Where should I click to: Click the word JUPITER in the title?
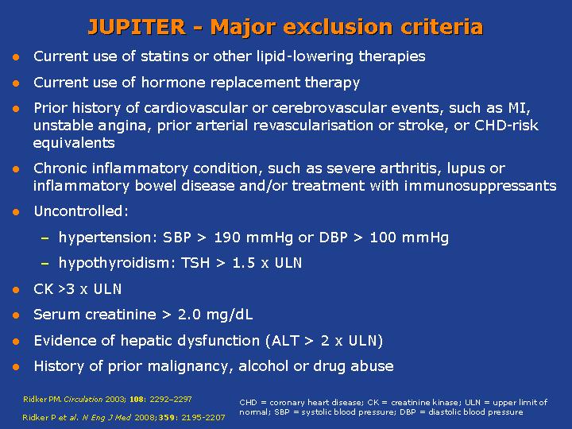[x=137, y=27]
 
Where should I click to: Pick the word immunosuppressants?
[x=480, y=186]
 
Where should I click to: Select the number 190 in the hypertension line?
[x=227, y=238]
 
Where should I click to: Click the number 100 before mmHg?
[x=383, y=238]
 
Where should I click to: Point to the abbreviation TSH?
[x=195, y=263]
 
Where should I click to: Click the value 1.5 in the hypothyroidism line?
[x=243, y=263]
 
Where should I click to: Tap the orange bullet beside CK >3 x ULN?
[x=16, y=290]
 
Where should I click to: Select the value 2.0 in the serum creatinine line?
[x=189, y=315]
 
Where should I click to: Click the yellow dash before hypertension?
[x=44, y=238]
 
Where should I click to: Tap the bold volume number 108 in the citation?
[x=137, y=400]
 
